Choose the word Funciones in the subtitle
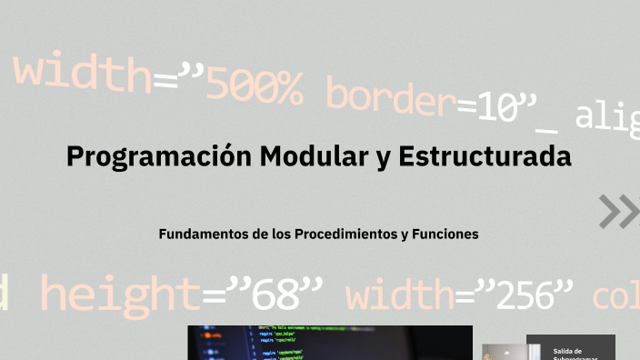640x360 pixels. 445,234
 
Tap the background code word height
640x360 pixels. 119,295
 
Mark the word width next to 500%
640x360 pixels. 82,74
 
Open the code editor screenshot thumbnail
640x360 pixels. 330,343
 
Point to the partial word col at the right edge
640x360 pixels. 616,296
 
